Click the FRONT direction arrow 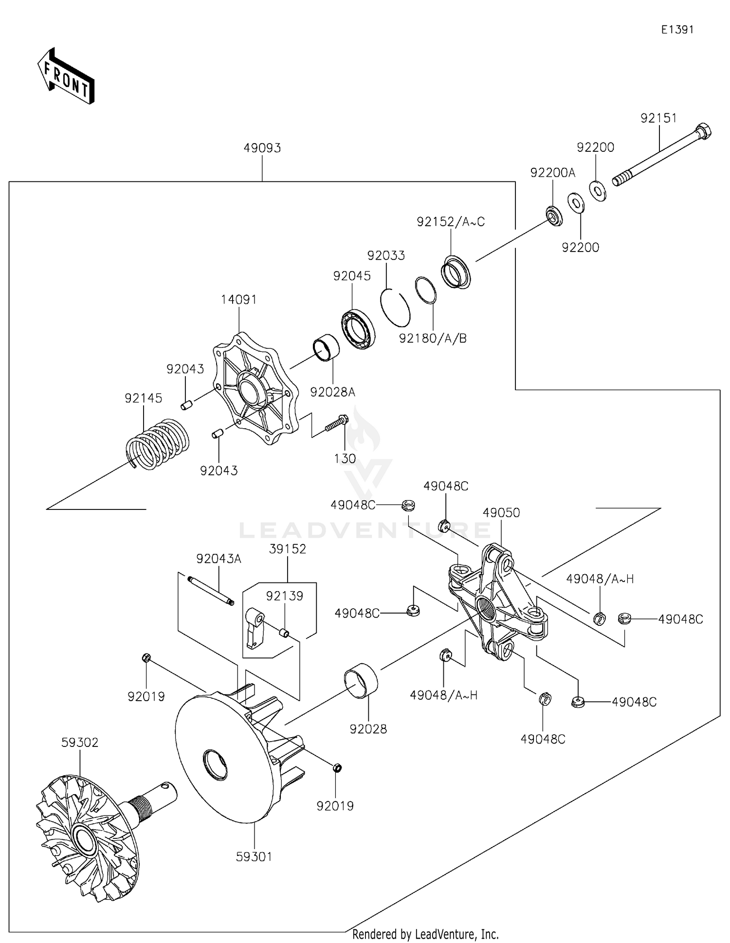[66, 76]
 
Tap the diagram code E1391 [677, 30]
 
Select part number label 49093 [262, 148]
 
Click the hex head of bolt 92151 [704, 131]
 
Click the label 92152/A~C [451, 222]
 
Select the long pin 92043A [209, 590]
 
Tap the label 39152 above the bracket [288, 549]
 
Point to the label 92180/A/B [433, 338]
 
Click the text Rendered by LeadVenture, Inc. [425, 934]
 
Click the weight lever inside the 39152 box [255, 628]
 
